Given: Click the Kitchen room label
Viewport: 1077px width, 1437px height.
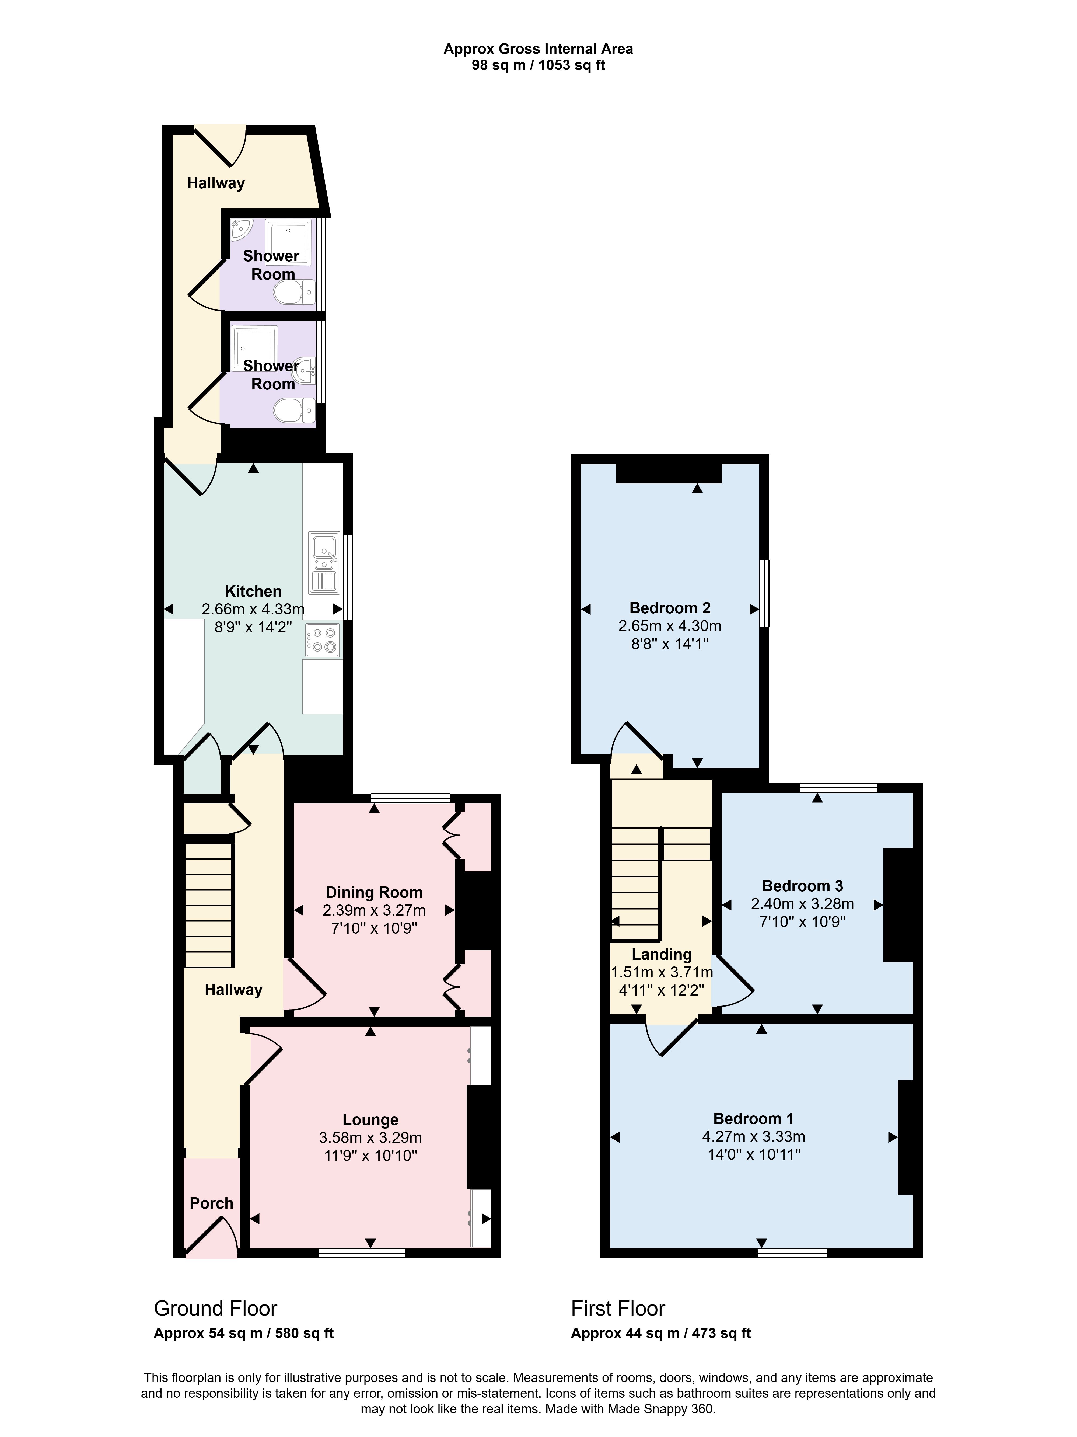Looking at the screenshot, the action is (253, 591).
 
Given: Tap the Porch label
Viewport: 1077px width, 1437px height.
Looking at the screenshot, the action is (211, 1203).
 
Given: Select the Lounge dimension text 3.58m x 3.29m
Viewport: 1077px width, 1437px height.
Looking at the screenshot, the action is (370, 1137).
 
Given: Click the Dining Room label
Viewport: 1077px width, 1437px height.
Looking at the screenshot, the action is (374, 893).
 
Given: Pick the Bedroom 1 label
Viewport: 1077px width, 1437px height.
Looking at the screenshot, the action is (754, 1119).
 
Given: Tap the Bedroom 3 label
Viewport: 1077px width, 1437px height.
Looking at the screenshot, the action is (802, 886).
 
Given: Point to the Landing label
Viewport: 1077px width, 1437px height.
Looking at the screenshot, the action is (661, 954).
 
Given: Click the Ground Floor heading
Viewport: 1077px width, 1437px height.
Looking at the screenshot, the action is (216, 1308).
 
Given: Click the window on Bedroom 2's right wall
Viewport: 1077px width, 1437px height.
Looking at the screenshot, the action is (765, 593).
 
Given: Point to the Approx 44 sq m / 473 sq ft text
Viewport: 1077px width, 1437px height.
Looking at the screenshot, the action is (661, 1333).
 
